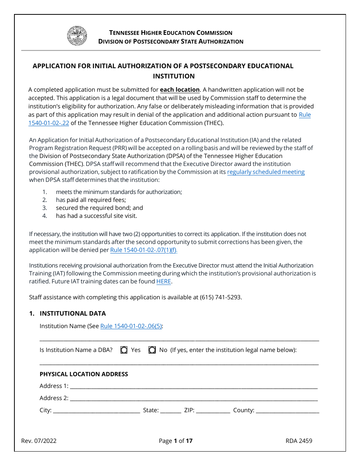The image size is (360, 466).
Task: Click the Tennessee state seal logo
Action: (77, 36)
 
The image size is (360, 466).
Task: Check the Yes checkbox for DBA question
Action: (124, 350)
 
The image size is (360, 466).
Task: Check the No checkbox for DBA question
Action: (152, 350)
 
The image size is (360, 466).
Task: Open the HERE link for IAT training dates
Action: (164, 281)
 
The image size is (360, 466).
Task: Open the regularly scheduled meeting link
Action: (266, 172)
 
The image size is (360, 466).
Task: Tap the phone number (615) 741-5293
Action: (221, 297)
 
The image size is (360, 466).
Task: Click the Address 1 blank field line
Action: (193, 386)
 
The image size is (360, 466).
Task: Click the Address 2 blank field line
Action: (193, 399)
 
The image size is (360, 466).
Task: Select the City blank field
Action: (96, 411)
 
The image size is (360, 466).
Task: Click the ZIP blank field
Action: (213, 411)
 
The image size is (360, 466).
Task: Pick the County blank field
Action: (287, 411)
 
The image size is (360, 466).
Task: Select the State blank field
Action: (171, 411)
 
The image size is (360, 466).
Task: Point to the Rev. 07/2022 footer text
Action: (39, 441)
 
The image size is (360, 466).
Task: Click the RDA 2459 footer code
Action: (299, 441)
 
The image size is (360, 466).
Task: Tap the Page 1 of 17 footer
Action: (176, 441)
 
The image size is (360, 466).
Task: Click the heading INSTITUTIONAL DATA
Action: (73, 313)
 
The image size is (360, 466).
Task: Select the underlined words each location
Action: (180, 90)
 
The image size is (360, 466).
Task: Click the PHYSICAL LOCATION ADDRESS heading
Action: (84, 374)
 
